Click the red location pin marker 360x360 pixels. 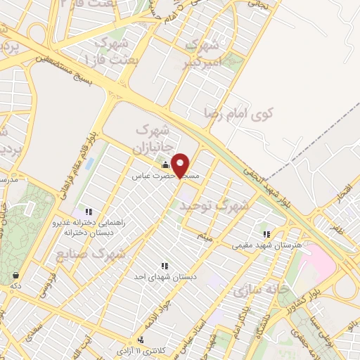click(181, 164)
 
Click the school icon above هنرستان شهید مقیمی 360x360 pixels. click(266, 234)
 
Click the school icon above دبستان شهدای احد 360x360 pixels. click(164, 266)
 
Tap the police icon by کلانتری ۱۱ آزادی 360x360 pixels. click(141, 340)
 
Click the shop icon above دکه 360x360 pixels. click(15, 274)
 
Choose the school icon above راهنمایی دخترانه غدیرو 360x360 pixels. click(89, 211)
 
